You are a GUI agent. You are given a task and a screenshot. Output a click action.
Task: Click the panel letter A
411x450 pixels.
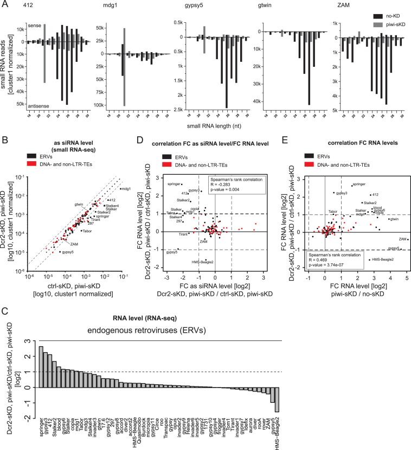(5, 4)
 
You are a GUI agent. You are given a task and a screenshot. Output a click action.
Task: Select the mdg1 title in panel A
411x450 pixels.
(107, 7)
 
